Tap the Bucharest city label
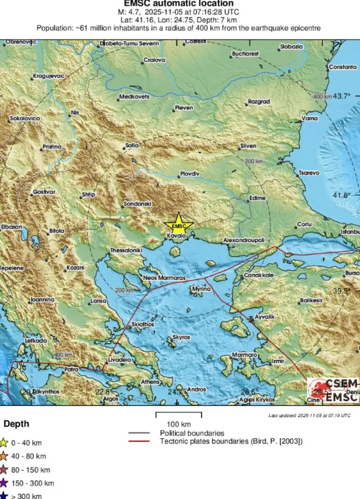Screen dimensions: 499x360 (245, 54)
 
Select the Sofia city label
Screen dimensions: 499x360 (132, 146)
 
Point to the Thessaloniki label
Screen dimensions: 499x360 (126, 250)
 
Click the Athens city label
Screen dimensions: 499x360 (150, 382)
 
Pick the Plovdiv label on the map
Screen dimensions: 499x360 (190, 174)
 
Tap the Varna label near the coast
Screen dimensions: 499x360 (309, 119)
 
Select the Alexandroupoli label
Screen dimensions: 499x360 (244, 240)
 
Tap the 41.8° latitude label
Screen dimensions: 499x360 (342, 195)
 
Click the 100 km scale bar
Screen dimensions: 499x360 (179, 414)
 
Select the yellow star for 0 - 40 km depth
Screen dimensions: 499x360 (4, 442)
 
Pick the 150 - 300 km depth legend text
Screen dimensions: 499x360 (32, 483)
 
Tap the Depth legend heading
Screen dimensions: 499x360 (16, 424)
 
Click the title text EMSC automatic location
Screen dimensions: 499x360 (179, 4)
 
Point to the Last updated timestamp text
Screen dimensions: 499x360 (309, 416)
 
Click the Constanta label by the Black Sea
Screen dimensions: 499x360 (343, 67)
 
